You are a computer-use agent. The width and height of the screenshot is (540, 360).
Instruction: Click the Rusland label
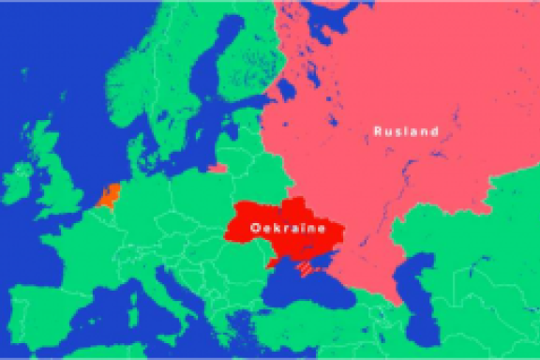pyautogui.click(x=405, y=131)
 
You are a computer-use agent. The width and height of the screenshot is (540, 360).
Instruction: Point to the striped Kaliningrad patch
pyautogui.click(x=217, y=170)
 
